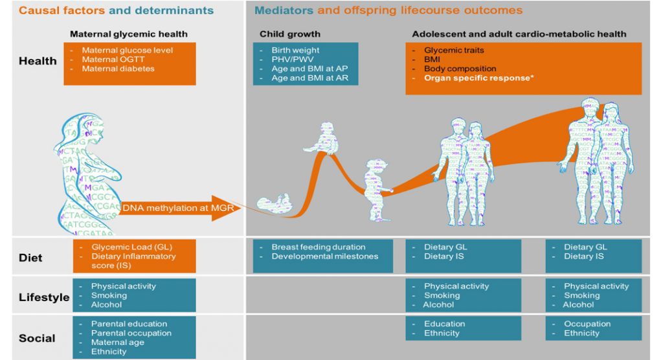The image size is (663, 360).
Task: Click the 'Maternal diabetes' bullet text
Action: [x=118, y=69]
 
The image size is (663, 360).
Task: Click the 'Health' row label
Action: [x=38, y=61]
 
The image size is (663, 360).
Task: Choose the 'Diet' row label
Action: [x=30, y=258]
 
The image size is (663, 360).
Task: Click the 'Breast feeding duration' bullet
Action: [x=318, y=247]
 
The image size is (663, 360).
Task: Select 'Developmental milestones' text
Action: [x=324, y=256]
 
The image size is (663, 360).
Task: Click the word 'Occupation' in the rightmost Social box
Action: [x=587, y=324]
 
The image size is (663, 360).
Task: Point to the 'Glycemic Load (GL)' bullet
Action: [x=122, y=247]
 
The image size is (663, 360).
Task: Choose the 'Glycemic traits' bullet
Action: [x=454, y=51]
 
